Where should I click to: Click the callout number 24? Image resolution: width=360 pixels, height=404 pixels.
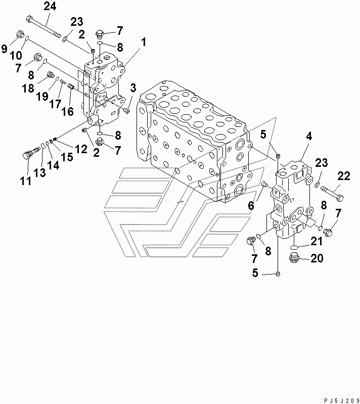50,6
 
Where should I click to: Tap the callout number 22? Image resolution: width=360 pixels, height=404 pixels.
344,176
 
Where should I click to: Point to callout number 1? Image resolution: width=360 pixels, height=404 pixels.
143,42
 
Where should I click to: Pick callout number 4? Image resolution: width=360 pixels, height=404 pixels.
309,136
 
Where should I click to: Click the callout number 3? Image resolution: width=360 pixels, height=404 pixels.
133,88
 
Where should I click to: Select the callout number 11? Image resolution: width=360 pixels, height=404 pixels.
25,181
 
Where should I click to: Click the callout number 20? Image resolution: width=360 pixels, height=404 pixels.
317,258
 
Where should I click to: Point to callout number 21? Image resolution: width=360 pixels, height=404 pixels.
317,241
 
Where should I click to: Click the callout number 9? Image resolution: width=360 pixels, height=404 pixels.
5,48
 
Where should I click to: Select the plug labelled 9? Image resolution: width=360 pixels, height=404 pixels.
20,34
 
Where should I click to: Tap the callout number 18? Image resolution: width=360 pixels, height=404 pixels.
28,88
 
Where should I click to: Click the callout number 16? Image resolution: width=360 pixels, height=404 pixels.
67,111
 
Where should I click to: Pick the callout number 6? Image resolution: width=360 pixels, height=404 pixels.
251,206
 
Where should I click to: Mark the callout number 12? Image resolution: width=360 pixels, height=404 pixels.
81,149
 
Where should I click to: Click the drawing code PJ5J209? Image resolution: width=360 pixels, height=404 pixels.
341,400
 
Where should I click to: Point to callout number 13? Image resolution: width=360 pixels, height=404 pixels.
39,172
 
